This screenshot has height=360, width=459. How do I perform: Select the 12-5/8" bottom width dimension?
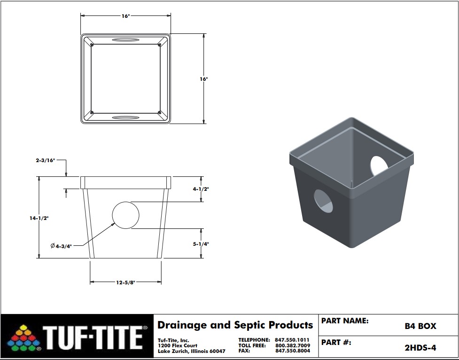click(x=125, y=282)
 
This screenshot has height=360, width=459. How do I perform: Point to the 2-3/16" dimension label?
click(x=45, y=160)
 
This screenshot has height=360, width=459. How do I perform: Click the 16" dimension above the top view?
click(x=125, y=16)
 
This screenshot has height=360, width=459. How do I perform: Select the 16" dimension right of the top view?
click(x=203, y=79)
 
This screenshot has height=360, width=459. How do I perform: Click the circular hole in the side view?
click(x=125, y=215)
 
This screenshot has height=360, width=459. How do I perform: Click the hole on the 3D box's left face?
click(x=323, y=200)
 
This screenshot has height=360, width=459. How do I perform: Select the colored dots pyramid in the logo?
click(x=23, y=337)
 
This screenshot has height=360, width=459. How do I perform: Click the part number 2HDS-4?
click(x=420, y=348)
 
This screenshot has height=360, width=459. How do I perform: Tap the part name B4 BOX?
click(x=420, y=326)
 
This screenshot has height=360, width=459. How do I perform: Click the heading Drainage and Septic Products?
click(x=235, y=325)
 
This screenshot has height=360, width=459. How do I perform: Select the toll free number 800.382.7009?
click(x=293, y=345)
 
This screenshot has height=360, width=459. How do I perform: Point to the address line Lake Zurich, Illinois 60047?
click(x=191, y=351)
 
